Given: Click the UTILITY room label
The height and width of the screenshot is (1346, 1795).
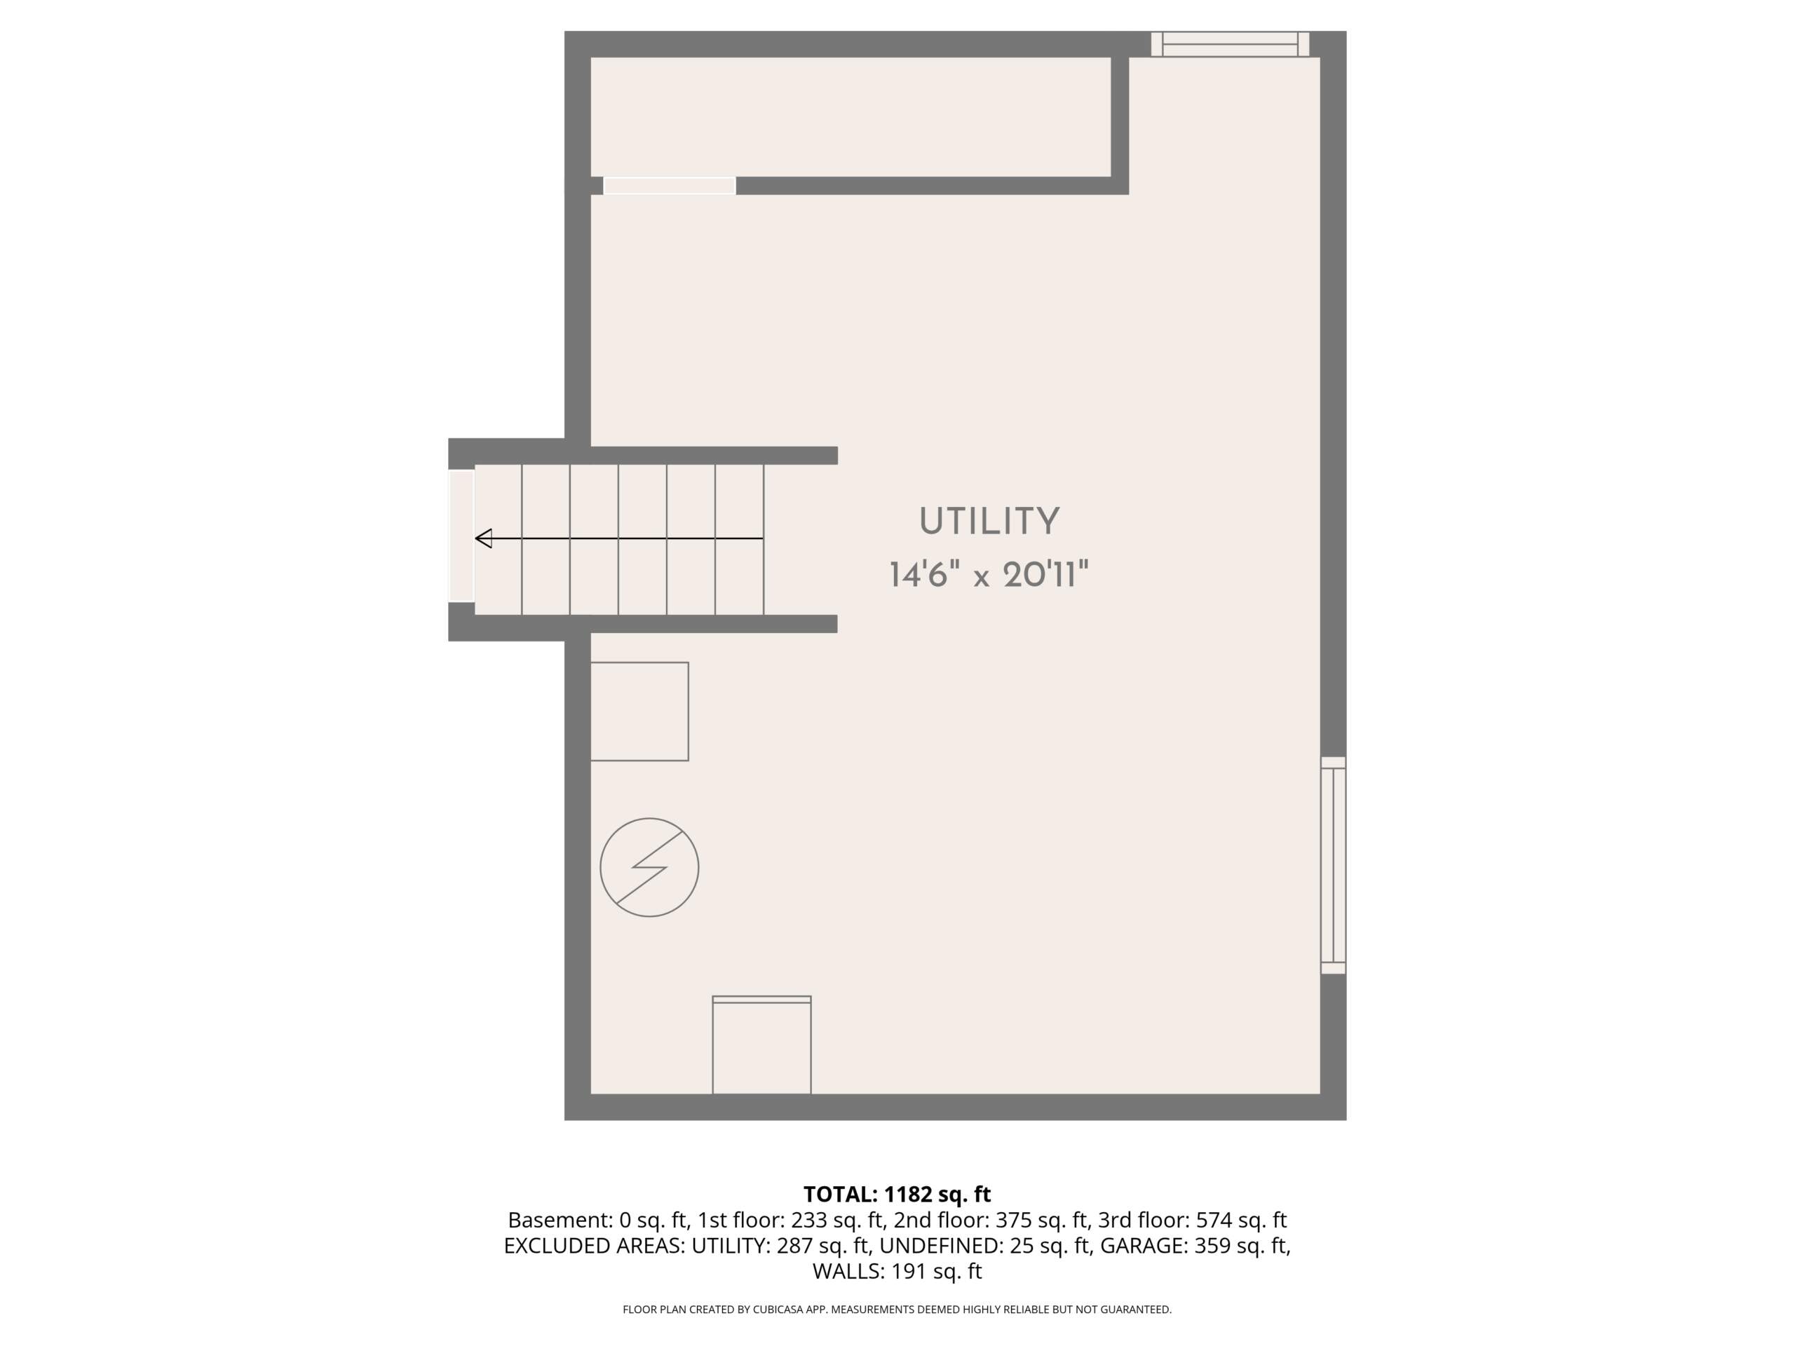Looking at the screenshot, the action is point(989,522).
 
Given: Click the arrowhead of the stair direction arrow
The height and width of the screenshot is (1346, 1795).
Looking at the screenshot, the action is point(484,538).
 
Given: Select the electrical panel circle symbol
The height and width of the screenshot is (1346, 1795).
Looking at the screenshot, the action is point(649,867).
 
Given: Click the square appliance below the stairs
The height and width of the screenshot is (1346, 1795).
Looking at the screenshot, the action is point(639,712).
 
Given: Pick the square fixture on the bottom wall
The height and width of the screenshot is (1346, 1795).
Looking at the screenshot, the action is point(761,1045).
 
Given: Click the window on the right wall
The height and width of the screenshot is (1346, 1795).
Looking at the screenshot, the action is point(1333,865).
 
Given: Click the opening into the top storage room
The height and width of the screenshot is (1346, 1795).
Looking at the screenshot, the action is point(670,186).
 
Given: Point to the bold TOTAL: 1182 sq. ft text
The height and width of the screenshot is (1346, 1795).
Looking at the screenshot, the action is point(897,1195).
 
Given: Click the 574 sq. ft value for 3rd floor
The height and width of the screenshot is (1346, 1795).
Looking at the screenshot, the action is point(1242,1221).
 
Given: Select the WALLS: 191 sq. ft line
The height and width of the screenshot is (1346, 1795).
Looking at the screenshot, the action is point(897,1272).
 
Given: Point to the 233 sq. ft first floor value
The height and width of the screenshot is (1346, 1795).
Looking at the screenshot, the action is point(837,1221).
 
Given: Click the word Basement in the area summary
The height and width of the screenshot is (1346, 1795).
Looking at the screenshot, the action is point(560,1221).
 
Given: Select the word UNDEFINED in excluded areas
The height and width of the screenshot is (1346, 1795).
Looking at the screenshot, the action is point(941,1245).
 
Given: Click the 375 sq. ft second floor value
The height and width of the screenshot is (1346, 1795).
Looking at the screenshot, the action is point(1041,1221).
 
